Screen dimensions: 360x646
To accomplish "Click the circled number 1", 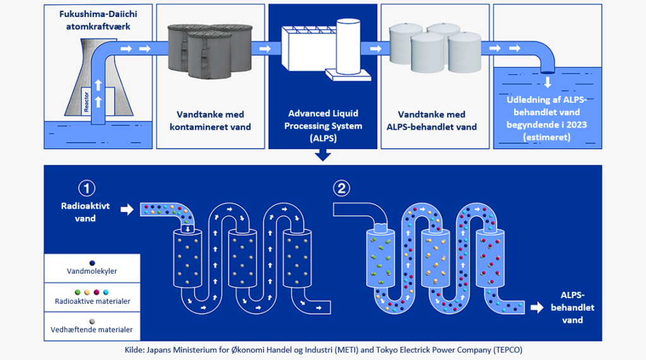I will click(86, 188).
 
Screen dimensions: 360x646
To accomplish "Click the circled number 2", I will click(342, 187).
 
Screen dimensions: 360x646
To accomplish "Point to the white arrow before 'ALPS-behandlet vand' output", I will click(537, 307).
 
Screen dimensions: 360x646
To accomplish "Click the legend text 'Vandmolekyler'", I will click(91, 271).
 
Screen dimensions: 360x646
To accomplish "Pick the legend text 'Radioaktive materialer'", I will click(92, 301).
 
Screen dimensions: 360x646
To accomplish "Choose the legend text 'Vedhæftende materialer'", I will click(92, 330).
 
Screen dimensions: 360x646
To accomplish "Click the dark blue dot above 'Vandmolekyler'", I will click(92, 262).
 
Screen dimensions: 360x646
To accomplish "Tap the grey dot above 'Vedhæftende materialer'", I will click(92, 321).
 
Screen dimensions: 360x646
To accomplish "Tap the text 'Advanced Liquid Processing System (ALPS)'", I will click(322, 126).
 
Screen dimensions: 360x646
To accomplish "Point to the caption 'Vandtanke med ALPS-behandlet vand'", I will click(432, 121).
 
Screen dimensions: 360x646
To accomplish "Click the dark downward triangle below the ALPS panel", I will click(322, 155).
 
